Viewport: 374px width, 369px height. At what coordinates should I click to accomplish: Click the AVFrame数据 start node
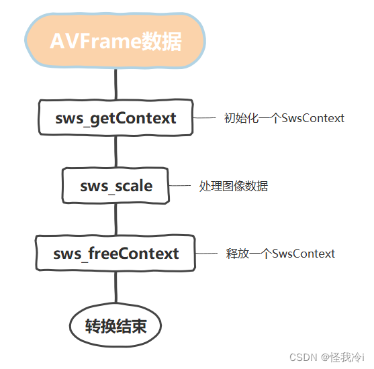point(115,42)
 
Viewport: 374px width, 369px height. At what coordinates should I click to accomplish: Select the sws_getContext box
point(115,118)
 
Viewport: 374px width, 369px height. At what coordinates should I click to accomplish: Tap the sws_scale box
point(116,186)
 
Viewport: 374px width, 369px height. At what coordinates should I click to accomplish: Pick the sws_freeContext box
point(116,254)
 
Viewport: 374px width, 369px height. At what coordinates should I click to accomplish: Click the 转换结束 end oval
point(115,327)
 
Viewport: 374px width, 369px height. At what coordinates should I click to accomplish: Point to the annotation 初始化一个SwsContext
point(284,118)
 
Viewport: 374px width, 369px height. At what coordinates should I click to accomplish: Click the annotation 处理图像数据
point(234,186)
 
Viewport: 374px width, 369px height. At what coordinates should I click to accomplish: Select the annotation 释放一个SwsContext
point(281,254)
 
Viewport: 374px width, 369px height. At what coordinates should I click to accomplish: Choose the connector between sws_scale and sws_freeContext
point(115,219)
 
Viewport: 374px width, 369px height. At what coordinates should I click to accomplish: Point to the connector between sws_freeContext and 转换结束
point(115,288)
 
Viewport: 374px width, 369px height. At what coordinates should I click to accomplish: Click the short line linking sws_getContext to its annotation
point(203,118)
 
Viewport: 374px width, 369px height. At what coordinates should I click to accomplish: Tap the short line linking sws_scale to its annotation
point(180,186)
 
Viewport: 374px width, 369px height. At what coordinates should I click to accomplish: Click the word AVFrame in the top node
point(95,42)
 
